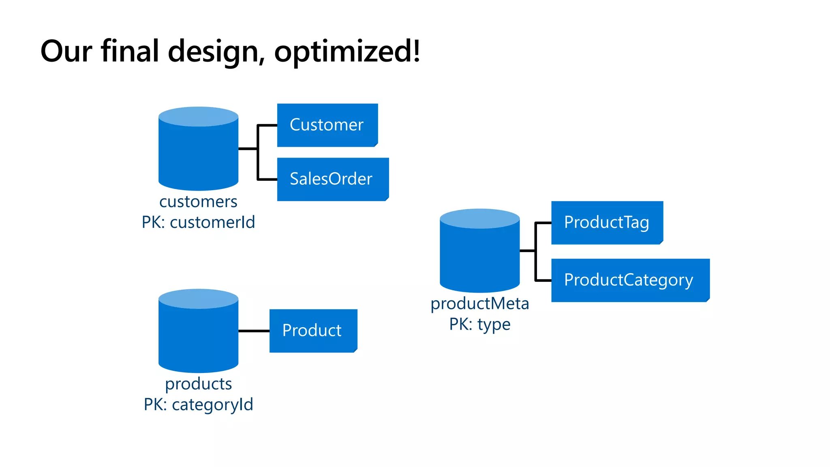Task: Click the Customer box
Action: point(327,125)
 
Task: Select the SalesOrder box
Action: point(332,179)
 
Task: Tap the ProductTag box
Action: point(607,223)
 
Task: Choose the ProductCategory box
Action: point(630,280)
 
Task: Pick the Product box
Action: point(313,331)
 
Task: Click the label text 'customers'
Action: point(198,201)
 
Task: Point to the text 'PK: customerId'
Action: point(198,222)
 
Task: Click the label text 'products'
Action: point(198,383)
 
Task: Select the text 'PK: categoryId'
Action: point(198,405)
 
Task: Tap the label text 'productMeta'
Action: point(479,303)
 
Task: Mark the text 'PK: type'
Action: point(479,324)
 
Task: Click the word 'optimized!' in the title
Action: point(347,51)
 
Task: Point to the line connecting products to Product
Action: point(254,331)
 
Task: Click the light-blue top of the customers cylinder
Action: point(198,117)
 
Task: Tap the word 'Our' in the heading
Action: point(66,51)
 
